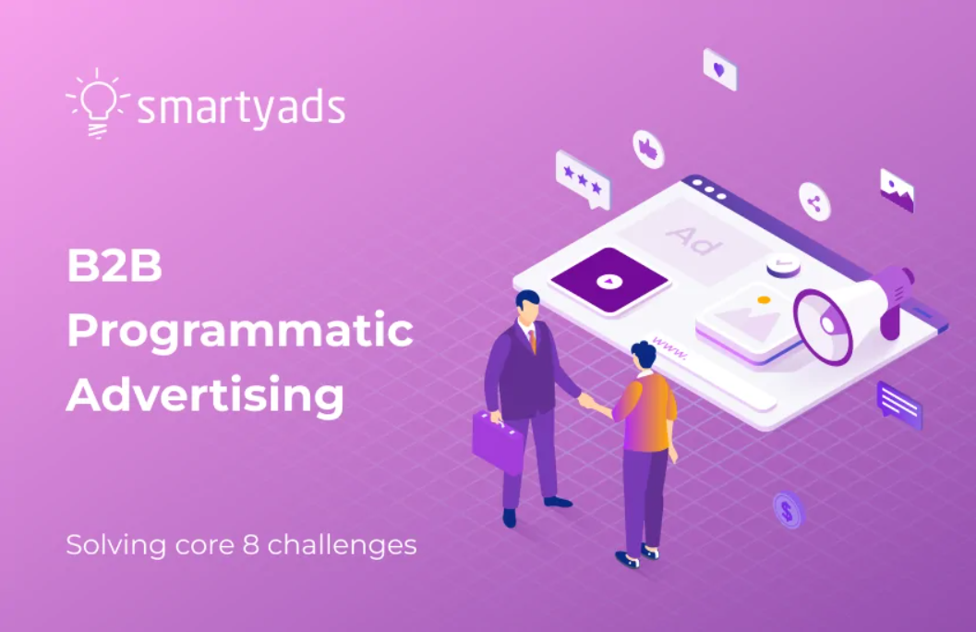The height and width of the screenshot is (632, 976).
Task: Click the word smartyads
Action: [x=241, y=108]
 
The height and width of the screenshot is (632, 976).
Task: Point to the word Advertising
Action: [x=205, y=395]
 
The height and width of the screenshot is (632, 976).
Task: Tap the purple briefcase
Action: [x=498, y=441]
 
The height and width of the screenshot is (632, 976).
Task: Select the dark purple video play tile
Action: [x=608, y=280]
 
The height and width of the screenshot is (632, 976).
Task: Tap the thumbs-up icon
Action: [x=648, y=148]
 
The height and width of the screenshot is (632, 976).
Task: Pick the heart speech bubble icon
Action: [x=719, y=69]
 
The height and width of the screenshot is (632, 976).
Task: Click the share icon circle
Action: [x=814, y=202]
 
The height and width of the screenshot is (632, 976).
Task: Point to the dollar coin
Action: [x=788, y=510]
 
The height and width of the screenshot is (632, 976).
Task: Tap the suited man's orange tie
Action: [x=532, y=339]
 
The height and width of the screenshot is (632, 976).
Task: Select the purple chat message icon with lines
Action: [x=899, y=404]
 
